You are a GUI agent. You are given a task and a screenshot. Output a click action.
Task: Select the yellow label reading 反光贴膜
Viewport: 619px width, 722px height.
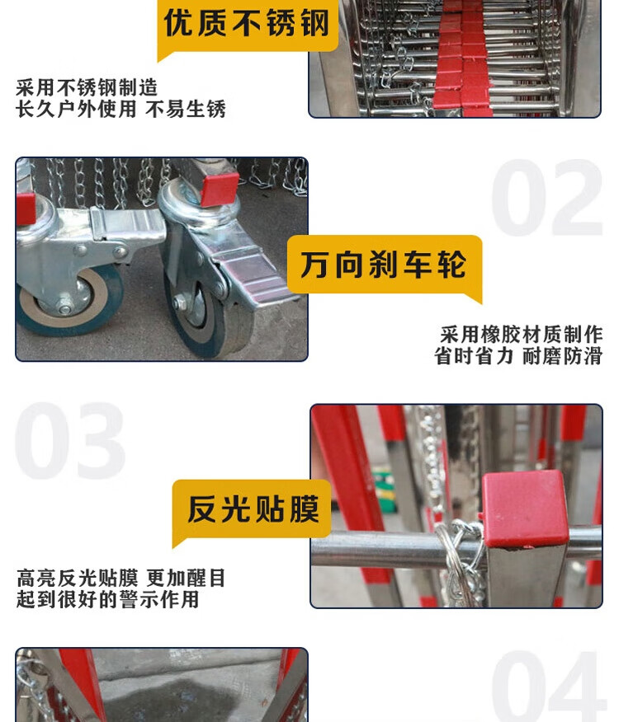(253, 509)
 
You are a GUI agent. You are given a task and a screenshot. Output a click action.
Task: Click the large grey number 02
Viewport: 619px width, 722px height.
(547, 198)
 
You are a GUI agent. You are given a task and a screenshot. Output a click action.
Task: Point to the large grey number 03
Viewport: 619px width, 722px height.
(70, 441)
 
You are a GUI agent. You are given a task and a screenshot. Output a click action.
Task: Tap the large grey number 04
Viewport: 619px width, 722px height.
(548, 686)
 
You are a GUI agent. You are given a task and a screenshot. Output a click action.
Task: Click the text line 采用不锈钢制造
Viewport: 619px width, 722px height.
(87, 87)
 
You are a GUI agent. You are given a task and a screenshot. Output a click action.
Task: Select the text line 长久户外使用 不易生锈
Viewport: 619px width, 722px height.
(120, 110)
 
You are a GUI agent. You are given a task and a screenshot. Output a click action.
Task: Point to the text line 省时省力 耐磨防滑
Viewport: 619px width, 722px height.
(518, 356)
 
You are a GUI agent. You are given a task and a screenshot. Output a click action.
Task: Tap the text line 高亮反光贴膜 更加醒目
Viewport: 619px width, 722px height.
(120, 578)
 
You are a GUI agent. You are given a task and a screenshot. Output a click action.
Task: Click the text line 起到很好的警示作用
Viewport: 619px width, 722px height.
(107, 599)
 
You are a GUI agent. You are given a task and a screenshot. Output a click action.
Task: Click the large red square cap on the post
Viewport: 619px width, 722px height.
(526, 509)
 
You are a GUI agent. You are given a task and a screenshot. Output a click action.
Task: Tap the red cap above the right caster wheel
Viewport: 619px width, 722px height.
(220, 190)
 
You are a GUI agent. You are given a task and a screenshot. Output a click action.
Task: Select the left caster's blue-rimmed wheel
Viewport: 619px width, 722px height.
(69, 299)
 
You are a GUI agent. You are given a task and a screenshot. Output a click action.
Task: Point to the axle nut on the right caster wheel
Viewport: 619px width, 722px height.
(178, 302)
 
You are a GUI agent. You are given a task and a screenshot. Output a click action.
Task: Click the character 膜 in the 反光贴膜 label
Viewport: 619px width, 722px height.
(305, 509)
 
